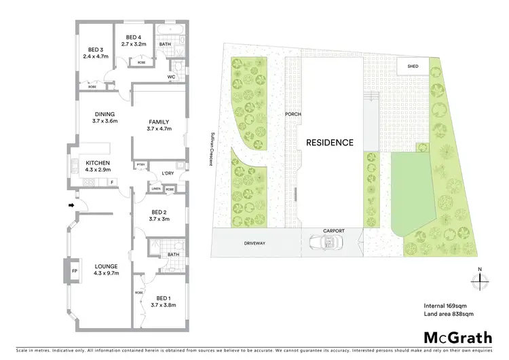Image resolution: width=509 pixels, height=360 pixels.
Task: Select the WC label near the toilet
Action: pos(172,77)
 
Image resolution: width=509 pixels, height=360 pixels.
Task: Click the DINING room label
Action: pos(105,114)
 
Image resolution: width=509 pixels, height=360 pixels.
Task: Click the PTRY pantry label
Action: pos(140,164)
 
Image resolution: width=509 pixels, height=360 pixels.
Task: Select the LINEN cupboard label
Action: pos(156,190)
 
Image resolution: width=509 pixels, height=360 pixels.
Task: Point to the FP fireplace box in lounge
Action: pos(74,270)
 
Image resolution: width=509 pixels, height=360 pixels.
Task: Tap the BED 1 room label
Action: pos(163,298)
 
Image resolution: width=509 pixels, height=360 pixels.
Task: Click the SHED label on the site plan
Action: pos(413,67)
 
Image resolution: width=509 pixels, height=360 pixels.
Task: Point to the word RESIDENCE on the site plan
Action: pos(330,143)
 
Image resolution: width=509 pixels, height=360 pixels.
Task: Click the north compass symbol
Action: pos(479,281)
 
